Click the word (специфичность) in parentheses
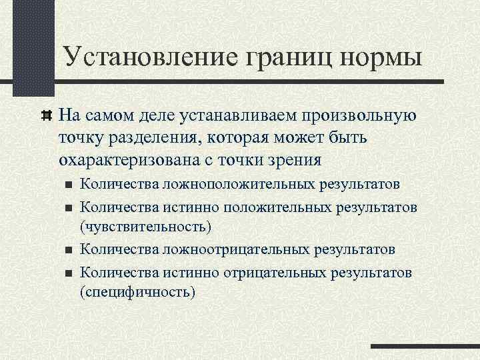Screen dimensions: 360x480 (x=137, y=292)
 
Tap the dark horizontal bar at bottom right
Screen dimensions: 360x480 (x=425, y=347)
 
